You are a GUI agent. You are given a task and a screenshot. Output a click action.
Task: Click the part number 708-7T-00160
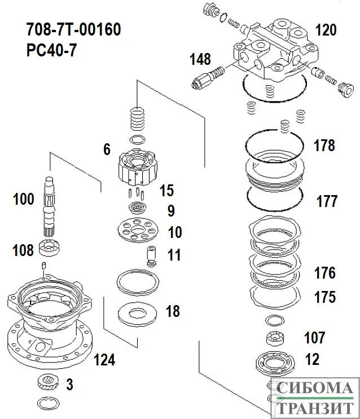click(73, 30)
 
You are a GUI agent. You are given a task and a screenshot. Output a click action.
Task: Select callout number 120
click(325, 30)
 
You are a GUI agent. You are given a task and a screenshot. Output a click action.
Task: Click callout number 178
click(324, 145)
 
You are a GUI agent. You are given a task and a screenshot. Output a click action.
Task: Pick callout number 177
click(326, 201)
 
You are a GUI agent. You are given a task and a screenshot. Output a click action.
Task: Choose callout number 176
click(324, 274)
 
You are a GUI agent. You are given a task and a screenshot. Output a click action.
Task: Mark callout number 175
click(324, 297)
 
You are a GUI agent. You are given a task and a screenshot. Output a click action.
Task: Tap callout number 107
click(314, 338)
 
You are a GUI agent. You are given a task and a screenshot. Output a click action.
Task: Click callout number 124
click(104, 360)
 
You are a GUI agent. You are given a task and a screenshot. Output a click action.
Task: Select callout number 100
click(24, 199)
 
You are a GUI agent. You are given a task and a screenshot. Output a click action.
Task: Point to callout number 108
click(23, 250)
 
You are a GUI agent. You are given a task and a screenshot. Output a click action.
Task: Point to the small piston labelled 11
click(150, 257)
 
